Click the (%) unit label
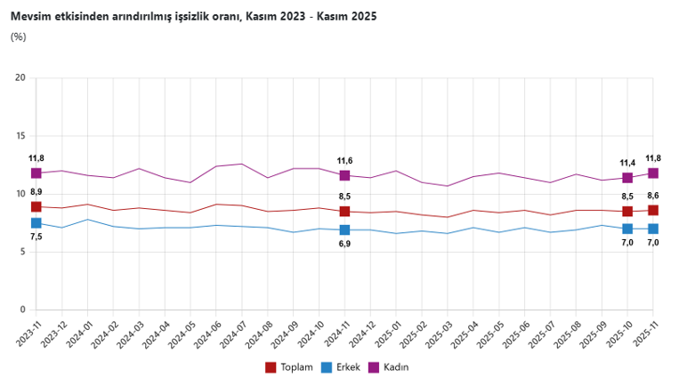coord(18,36)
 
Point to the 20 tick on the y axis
coord(20,78)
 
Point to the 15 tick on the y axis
coord(20,136)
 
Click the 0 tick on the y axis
coord(22,310)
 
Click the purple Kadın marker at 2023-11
coord(36,173)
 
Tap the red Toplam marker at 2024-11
coord(344,212)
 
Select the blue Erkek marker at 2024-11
coord(344,230)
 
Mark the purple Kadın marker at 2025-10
coord(627,178)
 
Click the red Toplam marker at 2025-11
coord(653,210)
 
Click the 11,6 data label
coord(344,161)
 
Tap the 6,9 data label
coord(344,245)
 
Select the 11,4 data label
coord(627,163)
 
